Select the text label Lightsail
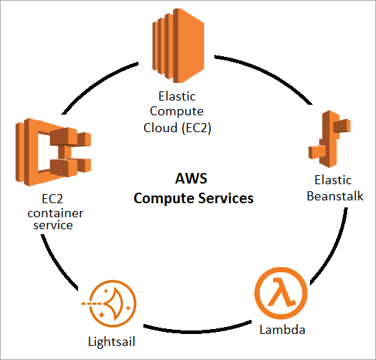(x=110, y=342)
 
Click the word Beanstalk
(x=334, y=195)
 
